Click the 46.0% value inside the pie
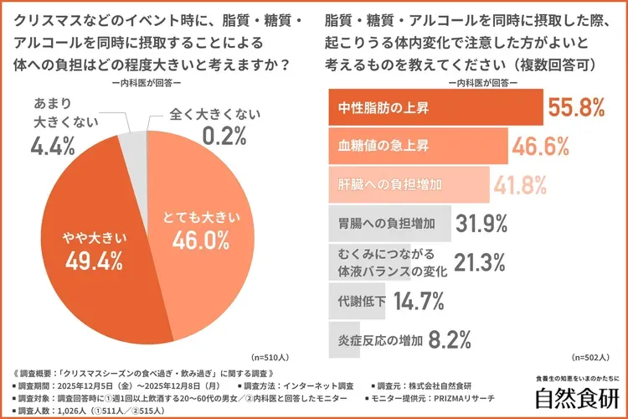[x=201, y=241]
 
